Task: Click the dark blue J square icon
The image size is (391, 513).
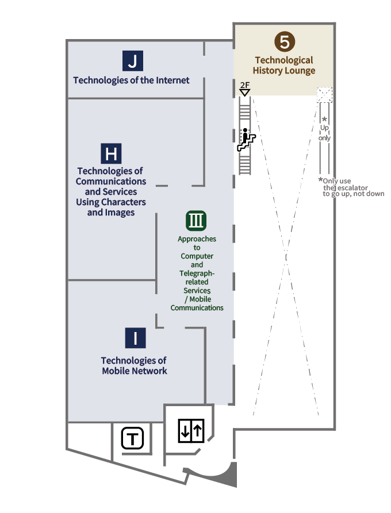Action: tap(133, 60)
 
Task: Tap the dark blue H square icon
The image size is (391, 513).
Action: tap(112, 154)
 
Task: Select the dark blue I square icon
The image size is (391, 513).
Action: tap(135, 338)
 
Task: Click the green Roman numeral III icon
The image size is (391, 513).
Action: tap(196, 221)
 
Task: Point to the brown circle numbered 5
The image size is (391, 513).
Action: tap(284, 42)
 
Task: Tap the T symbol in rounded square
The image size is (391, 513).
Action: tap(133, 440)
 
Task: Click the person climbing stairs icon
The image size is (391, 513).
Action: tap(246, 140)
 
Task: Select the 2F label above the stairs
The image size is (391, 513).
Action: tap(245, 84)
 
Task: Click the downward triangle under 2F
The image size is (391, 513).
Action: tap(245, 92)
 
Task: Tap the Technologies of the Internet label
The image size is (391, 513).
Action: tap(131, 80)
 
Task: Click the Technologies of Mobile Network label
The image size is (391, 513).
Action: tap(134, 365)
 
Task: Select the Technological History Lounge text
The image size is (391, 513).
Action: tap(284, 65)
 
